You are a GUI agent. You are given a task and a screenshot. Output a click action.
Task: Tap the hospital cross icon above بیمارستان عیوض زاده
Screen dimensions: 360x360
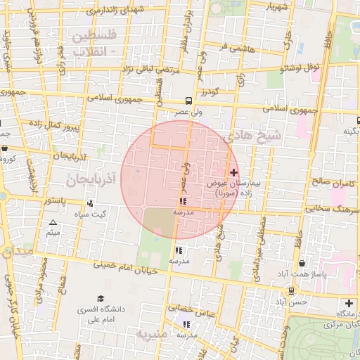(x=234, y=172)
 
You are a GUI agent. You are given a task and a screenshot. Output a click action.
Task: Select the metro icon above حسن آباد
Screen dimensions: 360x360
(x=291, y=291)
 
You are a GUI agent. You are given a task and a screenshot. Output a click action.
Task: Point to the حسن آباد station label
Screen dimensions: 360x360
(x=291, y=302)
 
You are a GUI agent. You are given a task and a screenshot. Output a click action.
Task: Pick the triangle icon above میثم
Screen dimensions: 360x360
(x=53, y=222)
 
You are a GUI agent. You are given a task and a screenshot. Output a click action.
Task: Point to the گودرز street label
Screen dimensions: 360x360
(x=210, y=92)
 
